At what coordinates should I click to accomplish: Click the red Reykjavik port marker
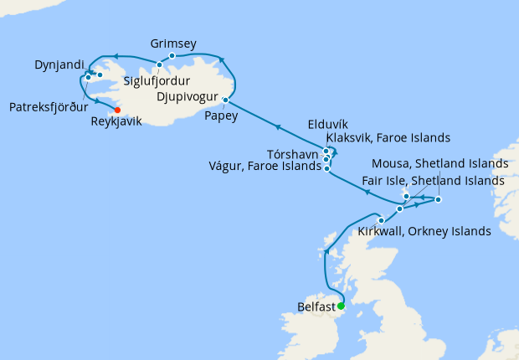point(117,110)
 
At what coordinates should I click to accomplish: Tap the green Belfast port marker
point(341,306)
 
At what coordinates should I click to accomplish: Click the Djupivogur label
point(188,97)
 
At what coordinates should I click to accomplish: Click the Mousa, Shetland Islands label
point(439,163)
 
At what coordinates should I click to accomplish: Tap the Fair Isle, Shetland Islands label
point(433,181)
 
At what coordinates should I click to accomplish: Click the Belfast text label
point(316,306)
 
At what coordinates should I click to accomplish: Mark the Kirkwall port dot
point(382,220)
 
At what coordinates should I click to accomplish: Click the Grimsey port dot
point(172,56)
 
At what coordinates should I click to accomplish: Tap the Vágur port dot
point(326,168)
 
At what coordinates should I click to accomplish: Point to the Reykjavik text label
point(116,121)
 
